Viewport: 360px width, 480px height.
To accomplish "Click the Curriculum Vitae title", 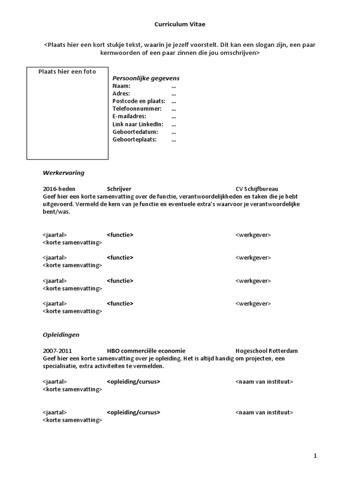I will click(x=180, y=24).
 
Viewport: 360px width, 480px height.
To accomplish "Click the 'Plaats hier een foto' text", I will click(x=67, y=72).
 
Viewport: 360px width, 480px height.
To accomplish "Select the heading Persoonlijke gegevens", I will click(x=146, y=78).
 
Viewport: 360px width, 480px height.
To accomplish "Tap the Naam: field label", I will click(x=121, y=86).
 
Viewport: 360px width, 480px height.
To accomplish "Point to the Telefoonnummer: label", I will click(x=137, y=109).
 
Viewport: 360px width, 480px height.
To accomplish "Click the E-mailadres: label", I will click(x=129, y=116).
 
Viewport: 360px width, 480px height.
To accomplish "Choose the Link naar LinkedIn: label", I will click(x=138, y=124).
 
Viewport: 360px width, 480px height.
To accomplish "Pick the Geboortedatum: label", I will click(x=135, y=132).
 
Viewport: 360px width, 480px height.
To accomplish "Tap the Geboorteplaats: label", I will click(x=135, y=139).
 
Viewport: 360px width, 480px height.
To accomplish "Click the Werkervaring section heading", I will click(x=64, y=173).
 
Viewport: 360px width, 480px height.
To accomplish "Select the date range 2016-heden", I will click(x=59, y=189).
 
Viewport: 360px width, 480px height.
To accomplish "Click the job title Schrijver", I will click(x=119, y=189).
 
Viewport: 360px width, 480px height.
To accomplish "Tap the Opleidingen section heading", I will click(x=61, y=335).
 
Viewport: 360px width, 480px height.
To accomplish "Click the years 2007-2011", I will click(x=58, y=351).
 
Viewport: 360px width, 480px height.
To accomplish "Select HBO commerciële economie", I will click(x=146, y=351).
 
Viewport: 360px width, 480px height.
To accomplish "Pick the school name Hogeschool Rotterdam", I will click(x=266, y=351).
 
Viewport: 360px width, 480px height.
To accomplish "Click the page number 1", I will click(x=315, y=456).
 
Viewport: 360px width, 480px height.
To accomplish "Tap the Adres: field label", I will click(x=121, y=94).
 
